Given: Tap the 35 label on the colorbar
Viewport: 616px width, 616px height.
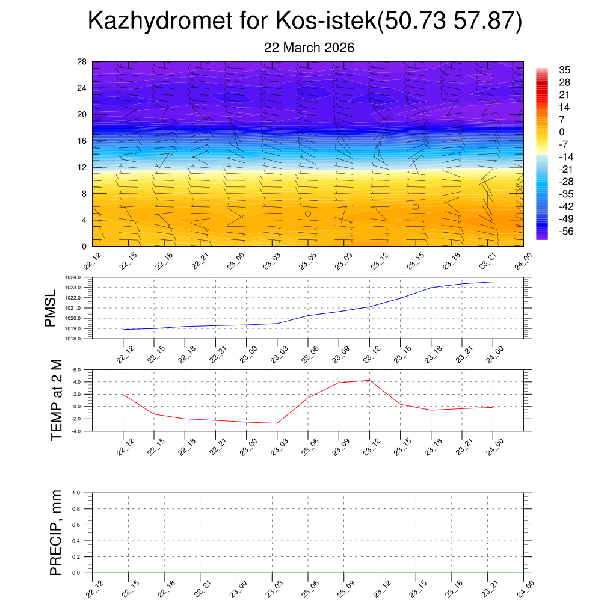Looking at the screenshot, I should [564, 70].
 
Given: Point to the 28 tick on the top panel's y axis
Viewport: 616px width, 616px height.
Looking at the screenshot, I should [82, 62].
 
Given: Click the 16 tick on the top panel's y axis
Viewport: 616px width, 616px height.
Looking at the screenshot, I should [82, 141].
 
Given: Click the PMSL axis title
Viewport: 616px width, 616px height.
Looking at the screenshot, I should [50, 308].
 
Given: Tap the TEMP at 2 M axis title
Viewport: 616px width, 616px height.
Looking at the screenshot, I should [57, 399].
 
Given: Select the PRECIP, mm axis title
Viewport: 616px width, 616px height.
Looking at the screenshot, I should [56, 532].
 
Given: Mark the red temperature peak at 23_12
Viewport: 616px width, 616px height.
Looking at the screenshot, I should [369, 380].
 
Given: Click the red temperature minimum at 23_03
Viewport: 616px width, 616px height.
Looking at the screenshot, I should [277, 423].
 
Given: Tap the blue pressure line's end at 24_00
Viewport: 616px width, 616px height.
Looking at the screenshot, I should [493, 282].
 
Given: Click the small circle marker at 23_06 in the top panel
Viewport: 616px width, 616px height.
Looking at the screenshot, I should [308, 214].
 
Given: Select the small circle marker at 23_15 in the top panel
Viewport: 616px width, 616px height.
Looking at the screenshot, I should [416, 207].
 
